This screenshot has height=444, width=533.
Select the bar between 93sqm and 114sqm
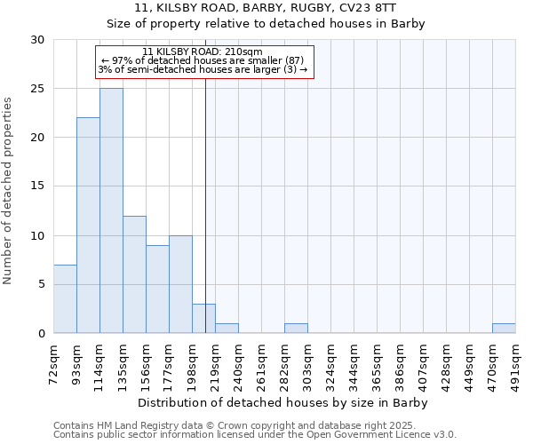click(x=88, y=226)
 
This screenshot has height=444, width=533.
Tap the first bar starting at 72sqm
click(x=65, y=298)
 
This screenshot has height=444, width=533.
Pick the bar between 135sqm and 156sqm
click(x=134, y=274)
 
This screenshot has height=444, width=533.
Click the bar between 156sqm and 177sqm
click(x=157, y=289)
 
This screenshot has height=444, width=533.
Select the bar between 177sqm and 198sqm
click(x=180, y=284)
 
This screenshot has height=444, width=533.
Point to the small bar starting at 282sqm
click(x=296, y=329)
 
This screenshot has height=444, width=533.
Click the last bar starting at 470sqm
click(x=504, y=329)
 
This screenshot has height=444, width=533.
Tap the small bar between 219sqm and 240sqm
click(x=227, y=329)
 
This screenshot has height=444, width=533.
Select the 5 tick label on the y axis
click(x=41, y=284)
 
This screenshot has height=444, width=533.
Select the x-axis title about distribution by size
click(x=284, y=402)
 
